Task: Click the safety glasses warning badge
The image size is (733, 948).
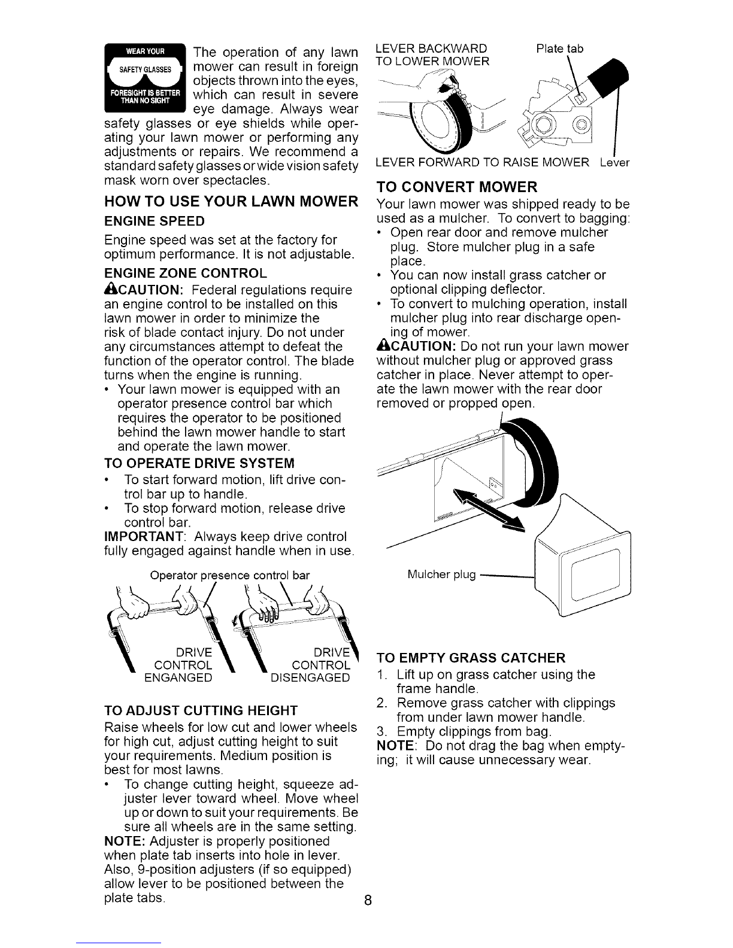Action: coord(146,78)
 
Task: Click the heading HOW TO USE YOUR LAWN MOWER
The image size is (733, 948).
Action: coord(231,202)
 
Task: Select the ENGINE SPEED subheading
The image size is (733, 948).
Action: coord(154,221)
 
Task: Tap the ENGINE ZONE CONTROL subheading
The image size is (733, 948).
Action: coord(186,273)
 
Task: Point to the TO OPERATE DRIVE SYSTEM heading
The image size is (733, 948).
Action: coord(199,463)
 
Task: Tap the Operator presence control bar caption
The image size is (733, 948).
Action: coord(229,575)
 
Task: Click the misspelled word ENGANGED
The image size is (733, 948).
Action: coord(178,677)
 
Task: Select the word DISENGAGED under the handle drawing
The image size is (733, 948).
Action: coord(310,677)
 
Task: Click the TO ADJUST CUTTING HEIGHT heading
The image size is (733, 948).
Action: coord(201,710)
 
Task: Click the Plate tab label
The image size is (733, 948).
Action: coord(560,48)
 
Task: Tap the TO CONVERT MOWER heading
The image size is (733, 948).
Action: coord(457,187)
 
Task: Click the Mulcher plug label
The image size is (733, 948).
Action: coord(441,574)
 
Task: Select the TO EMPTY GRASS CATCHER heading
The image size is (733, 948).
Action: coord(471,658)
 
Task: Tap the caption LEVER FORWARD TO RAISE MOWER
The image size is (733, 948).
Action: coord(482,163)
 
